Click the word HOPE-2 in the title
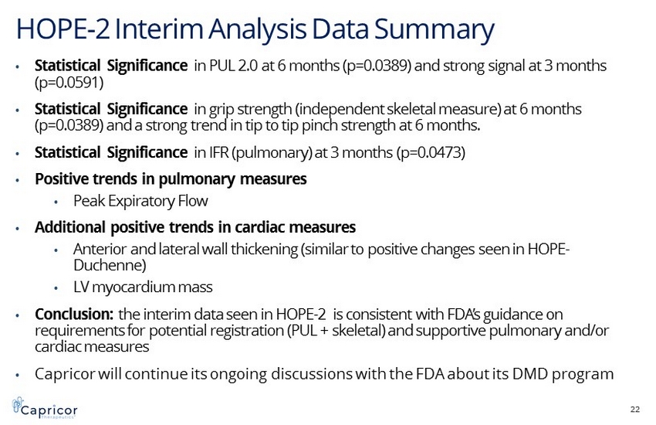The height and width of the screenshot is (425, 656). coord(63,29)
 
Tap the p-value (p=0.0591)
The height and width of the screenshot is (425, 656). coord(69,83)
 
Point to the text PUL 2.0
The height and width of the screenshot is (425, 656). coord(233,66)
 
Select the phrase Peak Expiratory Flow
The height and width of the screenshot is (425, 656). coord(140,201)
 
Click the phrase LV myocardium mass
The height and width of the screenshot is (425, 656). coord(143,287)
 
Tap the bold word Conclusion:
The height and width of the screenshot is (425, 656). coord(74,314)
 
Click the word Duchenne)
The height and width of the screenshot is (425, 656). coord(110,265)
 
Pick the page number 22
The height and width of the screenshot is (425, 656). coord(634,409)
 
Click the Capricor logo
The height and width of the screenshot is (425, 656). coord(45,408)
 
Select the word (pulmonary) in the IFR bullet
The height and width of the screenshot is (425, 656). coord(272,152)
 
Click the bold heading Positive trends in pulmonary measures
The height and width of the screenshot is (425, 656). coord(171,179)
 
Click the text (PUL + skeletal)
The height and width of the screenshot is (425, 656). coord(336,331)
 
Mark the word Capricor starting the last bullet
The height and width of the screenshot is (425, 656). coord(66,374)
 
